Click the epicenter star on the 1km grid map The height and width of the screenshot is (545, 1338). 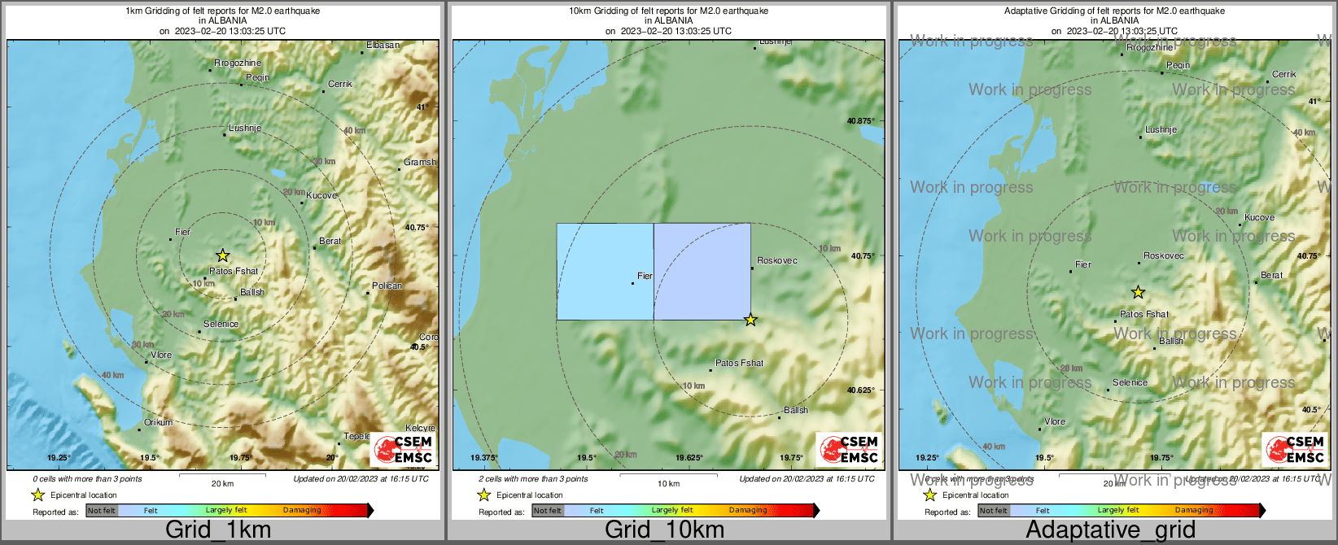222,255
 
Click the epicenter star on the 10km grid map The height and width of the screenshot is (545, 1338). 750,320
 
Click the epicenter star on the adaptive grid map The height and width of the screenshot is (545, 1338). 1138,292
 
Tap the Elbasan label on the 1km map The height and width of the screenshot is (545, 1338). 383,45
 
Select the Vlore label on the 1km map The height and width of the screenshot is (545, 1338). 161,355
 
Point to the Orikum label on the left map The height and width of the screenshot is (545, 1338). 159,422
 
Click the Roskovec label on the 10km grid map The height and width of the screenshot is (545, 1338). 777,261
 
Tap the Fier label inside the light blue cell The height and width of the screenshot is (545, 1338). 645,276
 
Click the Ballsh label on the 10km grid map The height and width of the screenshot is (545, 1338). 796,410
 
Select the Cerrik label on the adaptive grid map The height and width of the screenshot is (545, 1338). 1284,74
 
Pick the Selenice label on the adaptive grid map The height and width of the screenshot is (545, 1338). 1130,382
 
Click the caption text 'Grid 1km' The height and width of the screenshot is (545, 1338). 218,530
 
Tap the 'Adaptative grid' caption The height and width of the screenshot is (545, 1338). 1110,530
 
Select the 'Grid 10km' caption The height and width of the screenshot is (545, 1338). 664,530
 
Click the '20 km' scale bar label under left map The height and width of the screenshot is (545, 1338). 222,483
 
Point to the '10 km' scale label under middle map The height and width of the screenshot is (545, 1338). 668,483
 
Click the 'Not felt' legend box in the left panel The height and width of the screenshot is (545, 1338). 102,511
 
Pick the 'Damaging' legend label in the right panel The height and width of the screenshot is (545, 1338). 1194,511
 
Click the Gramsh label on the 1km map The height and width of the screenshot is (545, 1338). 420,162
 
